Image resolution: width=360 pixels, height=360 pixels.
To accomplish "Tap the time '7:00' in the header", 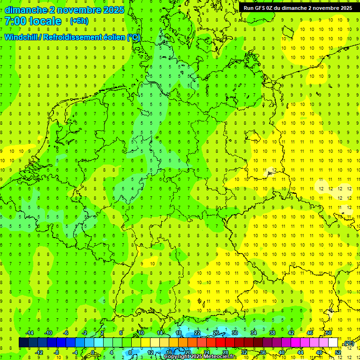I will point(16,21).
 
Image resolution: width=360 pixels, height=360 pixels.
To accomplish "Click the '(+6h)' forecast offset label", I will point(79,21).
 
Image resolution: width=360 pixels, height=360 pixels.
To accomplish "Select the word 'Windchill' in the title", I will point(22,37).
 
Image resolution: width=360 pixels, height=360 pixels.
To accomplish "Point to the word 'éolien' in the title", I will point(113,37).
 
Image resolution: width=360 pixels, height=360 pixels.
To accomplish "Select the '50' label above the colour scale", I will point(329,333).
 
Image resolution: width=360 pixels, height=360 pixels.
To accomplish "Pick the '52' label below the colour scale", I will point(338,352).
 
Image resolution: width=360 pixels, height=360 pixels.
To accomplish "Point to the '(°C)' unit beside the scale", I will point(349,343).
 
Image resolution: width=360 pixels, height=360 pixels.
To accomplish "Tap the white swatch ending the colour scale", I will point(333,343).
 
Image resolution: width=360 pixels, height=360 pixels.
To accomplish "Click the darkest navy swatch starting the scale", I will point(23,343).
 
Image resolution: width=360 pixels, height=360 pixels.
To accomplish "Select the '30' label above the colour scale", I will point(235,333).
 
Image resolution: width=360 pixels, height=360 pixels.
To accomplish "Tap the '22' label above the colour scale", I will point(197,333).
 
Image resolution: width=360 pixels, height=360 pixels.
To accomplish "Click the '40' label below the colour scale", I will point(282,352).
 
